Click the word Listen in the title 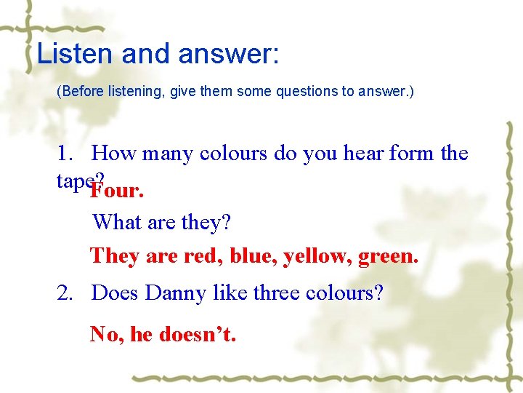pos(65,55)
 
